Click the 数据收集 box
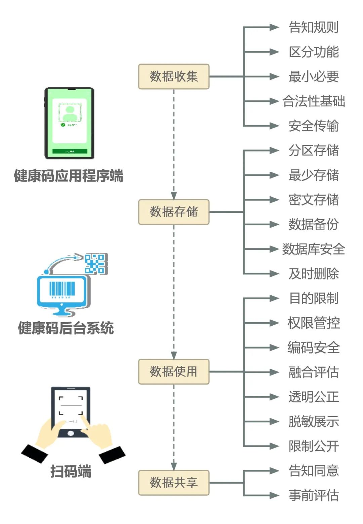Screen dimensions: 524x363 coord(174,76)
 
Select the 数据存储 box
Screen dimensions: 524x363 coord(174,212)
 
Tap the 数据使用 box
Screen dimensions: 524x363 coord(174,371)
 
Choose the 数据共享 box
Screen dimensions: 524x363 coord(174,483)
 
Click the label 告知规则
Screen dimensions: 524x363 coord(314,27)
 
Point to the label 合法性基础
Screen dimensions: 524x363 coord(314,101)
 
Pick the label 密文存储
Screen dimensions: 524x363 coord(314,200)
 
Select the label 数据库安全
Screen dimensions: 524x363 coord(314,249)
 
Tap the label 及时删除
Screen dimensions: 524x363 coord(314,273)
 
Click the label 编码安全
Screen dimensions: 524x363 coord(314,348)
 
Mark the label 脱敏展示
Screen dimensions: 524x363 coord(314,421)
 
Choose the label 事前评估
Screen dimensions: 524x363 coord(314,495)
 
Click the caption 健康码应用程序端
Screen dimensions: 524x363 coord(69,176)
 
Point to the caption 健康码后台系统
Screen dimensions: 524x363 coord(66,328)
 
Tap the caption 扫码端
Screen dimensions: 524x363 coord(71,471)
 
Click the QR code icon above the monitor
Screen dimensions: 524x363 coord(96,264)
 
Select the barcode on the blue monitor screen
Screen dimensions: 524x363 coord(62,289)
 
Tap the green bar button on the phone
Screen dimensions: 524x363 coord(70,151)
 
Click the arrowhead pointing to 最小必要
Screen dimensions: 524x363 coord(274,76)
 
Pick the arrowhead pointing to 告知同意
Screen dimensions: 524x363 coord(274,471)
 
